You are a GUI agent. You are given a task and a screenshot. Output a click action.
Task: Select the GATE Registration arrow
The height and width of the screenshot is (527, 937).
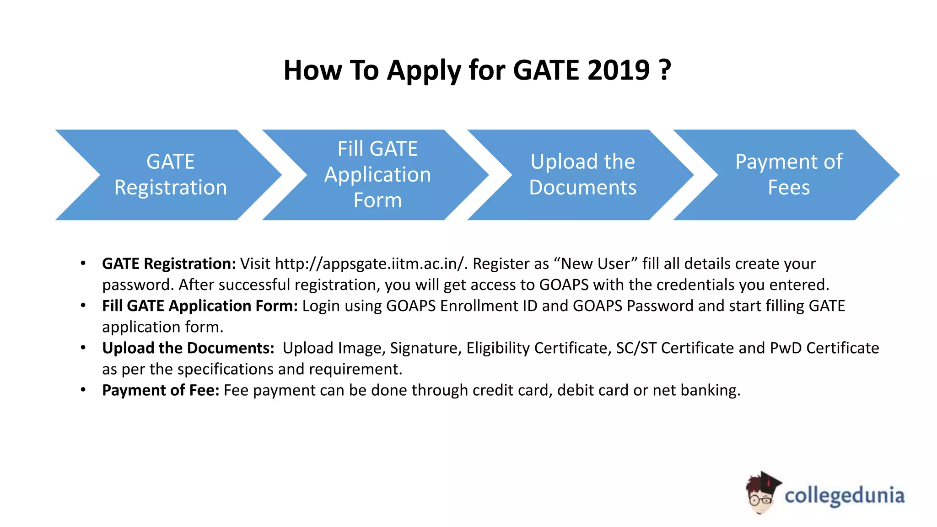click(x=170, y=175)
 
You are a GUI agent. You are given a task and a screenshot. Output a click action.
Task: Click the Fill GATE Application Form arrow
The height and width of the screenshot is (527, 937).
click(x=377, y=175)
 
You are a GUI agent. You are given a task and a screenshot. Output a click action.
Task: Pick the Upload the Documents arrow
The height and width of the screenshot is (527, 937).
click(x=582, y=175)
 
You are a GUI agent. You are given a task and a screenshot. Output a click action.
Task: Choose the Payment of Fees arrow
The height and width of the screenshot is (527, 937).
click(x=788, y=175)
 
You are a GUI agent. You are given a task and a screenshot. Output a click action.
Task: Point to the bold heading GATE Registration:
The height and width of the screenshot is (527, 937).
click(x=169, y=264)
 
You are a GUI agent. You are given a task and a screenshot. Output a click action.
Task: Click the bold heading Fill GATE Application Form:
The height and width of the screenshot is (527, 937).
click(x=200, y=306)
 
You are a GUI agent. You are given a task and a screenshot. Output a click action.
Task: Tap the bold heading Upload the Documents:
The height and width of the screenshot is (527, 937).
click(x=188, y=348)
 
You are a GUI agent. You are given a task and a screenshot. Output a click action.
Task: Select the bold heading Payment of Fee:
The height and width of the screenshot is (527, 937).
click(x=161, y=390)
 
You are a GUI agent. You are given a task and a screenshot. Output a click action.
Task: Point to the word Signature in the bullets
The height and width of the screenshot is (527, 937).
click(x=424, y=348)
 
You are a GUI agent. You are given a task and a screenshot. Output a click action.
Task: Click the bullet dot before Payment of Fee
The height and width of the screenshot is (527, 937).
click(x=83, y=390)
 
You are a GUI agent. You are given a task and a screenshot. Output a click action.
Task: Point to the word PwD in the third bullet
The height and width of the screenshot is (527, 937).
click(x=786, y=348)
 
